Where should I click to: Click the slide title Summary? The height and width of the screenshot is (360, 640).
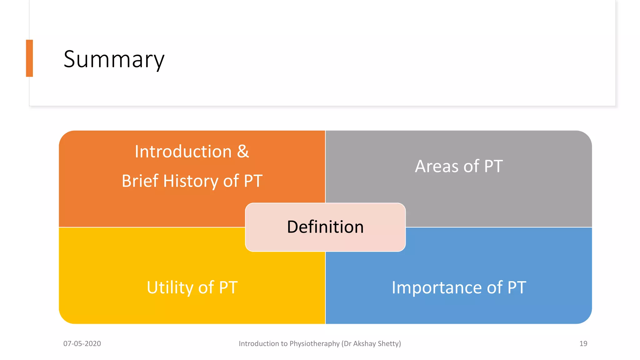(114, 59)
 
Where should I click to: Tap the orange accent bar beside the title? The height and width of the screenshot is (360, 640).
(29, 58)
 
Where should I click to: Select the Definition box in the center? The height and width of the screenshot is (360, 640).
(325, 227)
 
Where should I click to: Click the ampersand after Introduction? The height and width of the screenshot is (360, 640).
(243, 152)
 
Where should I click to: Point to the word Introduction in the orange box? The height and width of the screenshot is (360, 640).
(183, 152)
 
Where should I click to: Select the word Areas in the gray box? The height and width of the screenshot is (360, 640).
(437, 166)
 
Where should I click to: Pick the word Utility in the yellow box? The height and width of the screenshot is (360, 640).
(170, 287)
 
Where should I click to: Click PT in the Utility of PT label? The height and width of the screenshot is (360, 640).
(228, 287)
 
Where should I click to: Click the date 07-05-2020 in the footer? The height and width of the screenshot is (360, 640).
(82, 344)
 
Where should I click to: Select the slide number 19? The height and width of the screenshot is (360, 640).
(583, 344)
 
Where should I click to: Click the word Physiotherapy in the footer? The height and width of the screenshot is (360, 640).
(314, 344)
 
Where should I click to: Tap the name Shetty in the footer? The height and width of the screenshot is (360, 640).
(389, 344)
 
